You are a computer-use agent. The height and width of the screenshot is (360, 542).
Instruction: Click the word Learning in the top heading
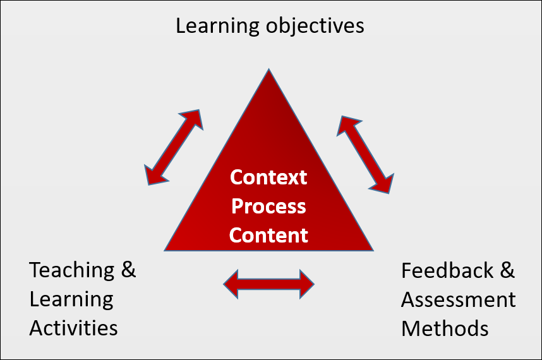[x=217, y=27]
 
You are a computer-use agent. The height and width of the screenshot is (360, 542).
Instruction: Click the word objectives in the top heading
[x=315, y=27]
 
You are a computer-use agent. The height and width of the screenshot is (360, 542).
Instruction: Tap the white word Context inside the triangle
[x=268, y=177]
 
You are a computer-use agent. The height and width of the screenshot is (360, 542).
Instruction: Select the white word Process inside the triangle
[x=268, y=207]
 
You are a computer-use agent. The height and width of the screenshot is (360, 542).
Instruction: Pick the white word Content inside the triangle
[x=268, y=236]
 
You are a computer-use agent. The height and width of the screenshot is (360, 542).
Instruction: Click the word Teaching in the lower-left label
[x=72, y=270]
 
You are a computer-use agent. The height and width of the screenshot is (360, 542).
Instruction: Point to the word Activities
[x=74, y=328]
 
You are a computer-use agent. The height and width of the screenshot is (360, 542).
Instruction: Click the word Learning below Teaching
[x=71, y=299]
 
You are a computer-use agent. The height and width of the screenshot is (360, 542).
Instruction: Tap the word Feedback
[x=447, y=270]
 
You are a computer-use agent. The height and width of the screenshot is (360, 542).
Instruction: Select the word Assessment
[x=459, y=299]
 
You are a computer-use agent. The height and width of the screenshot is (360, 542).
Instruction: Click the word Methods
[x=445, y=328]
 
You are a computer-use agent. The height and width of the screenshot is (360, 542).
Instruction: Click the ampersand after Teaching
[x=128, y=270]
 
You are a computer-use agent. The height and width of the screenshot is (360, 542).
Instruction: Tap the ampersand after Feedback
[x=507, y=270]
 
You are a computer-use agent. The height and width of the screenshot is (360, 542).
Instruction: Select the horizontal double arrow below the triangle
[x=268, y=284]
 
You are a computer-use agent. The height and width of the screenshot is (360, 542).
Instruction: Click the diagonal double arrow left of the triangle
[x=174, y=147]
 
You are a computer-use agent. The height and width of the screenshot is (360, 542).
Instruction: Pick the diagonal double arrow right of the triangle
[x=365, y=155]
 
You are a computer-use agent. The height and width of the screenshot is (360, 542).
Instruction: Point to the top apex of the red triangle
[x=268, y=69]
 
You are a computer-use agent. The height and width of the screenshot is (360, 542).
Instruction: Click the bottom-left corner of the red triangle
[x=164, y=251]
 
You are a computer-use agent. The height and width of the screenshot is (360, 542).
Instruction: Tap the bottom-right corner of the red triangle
[x=374, y=251]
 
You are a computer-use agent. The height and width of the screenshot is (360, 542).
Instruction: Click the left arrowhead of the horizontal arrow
[x=231, y=284]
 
